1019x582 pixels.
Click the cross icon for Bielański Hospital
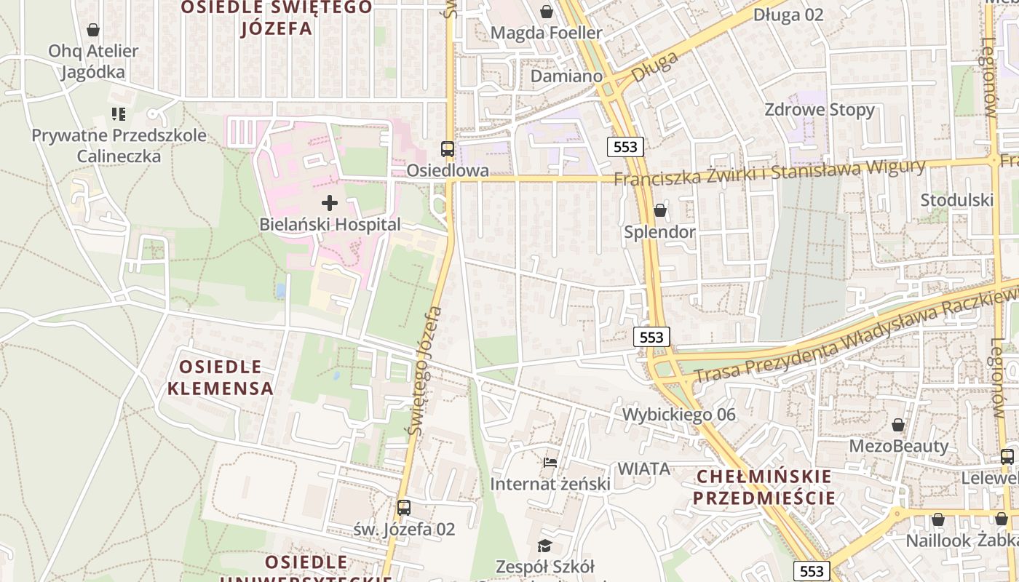click(x=330, y=203)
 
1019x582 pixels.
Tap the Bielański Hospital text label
click(x=330, y=225)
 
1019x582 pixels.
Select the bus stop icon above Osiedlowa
click(x=448, y=149)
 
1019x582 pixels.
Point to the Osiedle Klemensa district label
click(x=221, y=378)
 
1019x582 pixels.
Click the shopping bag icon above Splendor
click(x=659, y=210)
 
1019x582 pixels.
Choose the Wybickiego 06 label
click(x=678, y=415)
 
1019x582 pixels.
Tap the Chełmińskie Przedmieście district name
click(x=764, y=487)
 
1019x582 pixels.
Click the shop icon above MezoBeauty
click(x=898, y=425)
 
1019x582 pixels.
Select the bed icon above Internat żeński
click(x=550, y=463)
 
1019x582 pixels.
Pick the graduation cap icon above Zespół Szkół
click(x=544, y=546)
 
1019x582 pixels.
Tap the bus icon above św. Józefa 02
click(x=404, y=508)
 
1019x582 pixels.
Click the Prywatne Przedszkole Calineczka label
click(x=119, y=145)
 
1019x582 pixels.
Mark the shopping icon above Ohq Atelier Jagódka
click(x=93, y=30)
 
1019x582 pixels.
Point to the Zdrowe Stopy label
click(x=820, y=110)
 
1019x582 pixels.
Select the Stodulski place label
click(x=956, y=200)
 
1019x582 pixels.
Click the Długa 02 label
click(x=788, y=15)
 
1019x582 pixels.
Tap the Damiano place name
click(x=566, y=76)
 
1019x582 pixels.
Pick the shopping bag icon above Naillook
click(x=938, y=519)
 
